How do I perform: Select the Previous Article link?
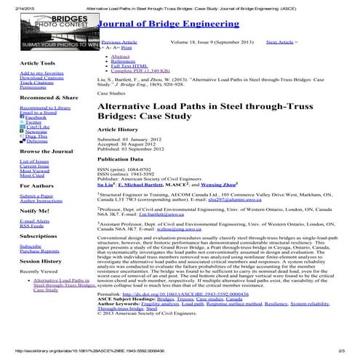coord(119,43)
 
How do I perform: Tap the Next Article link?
coord(280,43)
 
